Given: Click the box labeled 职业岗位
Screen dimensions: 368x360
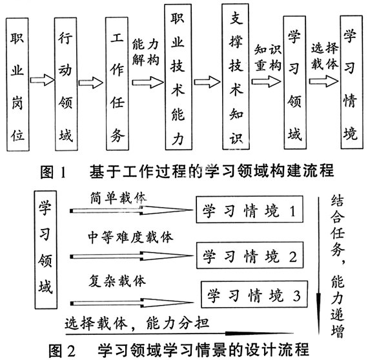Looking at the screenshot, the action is tap(17, 85).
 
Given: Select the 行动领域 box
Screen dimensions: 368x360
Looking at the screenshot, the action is tap(66, 84).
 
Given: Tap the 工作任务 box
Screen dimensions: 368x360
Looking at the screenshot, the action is tap(117, 83).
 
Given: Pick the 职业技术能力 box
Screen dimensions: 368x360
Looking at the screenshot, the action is tap(178, 77).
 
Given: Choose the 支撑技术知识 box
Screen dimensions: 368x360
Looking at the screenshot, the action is tap(236, 77).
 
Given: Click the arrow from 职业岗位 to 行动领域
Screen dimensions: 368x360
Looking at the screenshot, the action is tap(42, 80).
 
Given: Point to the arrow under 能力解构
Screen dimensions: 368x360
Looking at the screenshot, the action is tap(148, 83).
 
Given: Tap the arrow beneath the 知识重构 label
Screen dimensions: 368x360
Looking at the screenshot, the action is tap(266, 81).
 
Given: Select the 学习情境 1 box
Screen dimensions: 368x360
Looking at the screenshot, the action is tap(249, 210).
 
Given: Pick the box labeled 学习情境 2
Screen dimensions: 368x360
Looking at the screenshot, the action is tap(250, 255).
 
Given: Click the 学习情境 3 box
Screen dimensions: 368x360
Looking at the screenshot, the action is tap(254, 294).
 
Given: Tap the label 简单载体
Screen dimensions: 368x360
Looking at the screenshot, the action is tap(119, 199).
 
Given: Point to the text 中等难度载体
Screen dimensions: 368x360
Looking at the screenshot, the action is tap(130, 237).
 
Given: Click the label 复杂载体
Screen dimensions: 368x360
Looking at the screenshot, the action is tap(117, 281).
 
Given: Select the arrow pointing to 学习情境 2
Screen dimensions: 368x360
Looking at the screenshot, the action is tap(132, 256).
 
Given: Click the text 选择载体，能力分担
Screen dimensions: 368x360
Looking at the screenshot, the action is tap(137, 323).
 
